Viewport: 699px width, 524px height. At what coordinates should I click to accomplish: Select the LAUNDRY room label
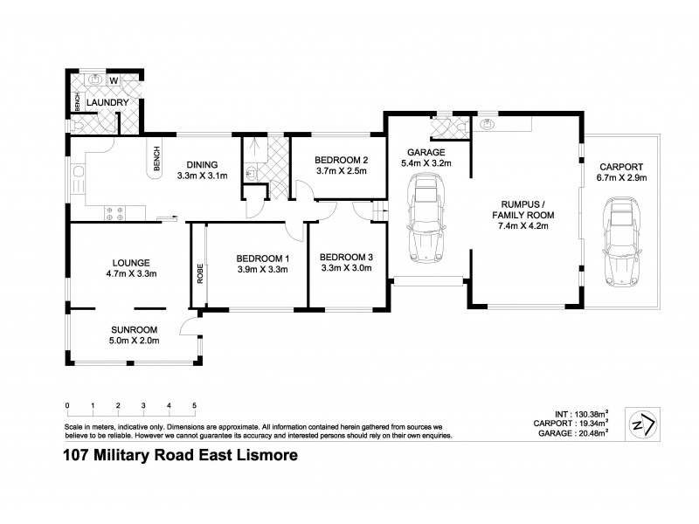click(x=108, y=103)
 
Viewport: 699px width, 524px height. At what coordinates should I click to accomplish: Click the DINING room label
click(x=201, y=164)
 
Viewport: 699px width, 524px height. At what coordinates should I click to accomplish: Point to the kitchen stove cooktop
click(x=114, y=210)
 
